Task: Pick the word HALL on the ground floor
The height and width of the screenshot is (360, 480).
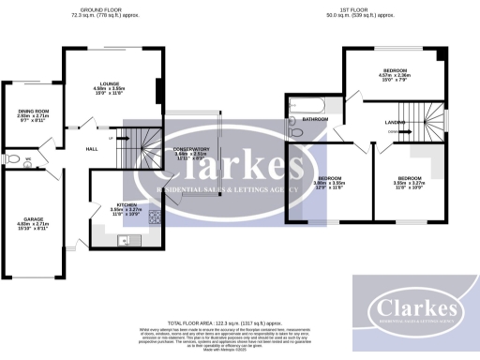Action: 93,149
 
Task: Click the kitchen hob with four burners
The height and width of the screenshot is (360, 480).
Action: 154,218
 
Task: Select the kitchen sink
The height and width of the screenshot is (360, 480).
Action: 123,241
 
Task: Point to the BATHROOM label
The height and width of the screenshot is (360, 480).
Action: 314,120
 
